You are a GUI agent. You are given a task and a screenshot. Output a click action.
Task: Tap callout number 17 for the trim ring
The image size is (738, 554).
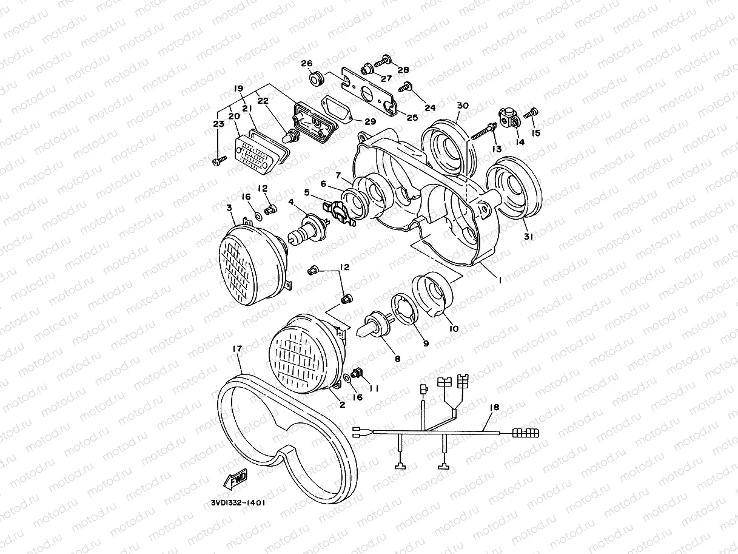coord(237,349)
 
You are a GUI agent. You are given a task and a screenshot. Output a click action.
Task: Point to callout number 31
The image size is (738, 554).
coord(528,238)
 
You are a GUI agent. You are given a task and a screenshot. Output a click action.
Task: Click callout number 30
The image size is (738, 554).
coord(463,106)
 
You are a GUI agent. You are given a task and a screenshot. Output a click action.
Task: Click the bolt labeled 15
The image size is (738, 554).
coord(534,112)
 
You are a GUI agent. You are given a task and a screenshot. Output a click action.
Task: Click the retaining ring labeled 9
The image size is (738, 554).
coord(405,309)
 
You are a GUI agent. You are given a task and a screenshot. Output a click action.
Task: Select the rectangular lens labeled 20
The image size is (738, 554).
coord(258,152)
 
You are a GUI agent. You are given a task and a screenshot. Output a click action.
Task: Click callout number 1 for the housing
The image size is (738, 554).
coord(500,280)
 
